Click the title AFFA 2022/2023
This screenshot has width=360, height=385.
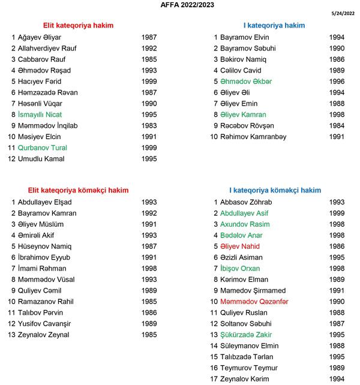[x=180, y=5]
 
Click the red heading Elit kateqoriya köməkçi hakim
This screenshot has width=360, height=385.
[x=77, y=191]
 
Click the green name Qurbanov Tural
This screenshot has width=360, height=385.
[x=43, y=148]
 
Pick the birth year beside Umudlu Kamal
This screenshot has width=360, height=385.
[x=149, y=159]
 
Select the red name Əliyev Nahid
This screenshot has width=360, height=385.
[x=240, y=246]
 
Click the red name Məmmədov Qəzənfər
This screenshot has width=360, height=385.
[x=254, y=302]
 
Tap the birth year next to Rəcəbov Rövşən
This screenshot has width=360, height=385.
[x=337, y=126]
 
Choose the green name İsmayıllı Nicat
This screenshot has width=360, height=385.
[x=40, y=115]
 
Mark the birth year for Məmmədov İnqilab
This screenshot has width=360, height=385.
[x=149, y=126]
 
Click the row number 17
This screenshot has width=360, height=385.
[x=213, y=379]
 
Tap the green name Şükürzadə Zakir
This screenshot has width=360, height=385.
[x=245, y=335]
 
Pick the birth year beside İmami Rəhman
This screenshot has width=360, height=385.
[x=149, y=269]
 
